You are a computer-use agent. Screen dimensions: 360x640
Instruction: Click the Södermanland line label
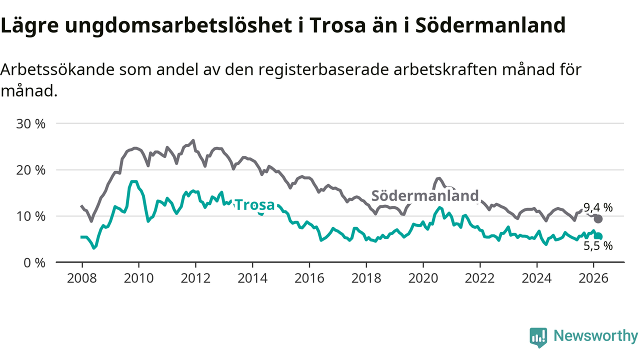tap(425, 196)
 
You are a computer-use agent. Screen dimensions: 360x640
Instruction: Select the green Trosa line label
tap(254, 205)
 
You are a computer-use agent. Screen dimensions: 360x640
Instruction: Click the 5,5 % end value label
tap(598, 245)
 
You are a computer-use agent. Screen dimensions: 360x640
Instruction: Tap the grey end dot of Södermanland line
tap(598, 219)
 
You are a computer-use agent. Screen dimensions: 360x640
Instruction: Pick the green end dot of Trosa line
tap(598, 236)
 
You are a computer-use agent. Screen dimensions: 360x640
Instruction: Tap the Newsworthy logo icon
tap(538, 337)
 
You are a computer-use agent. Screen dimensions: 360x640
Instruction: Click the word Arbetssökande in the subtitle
tap(58, 70)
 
